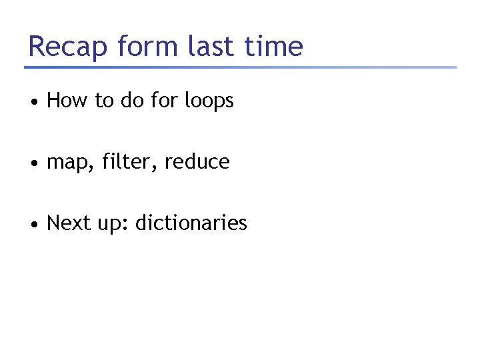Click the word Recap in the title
pos(68,47)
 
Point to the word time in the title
pos(275,47)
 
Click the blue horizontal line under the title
pos(240,67)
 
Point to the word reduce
pos(197,162)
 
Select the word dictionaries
pos(191,223)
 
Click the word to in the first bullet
pos(105,101)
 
